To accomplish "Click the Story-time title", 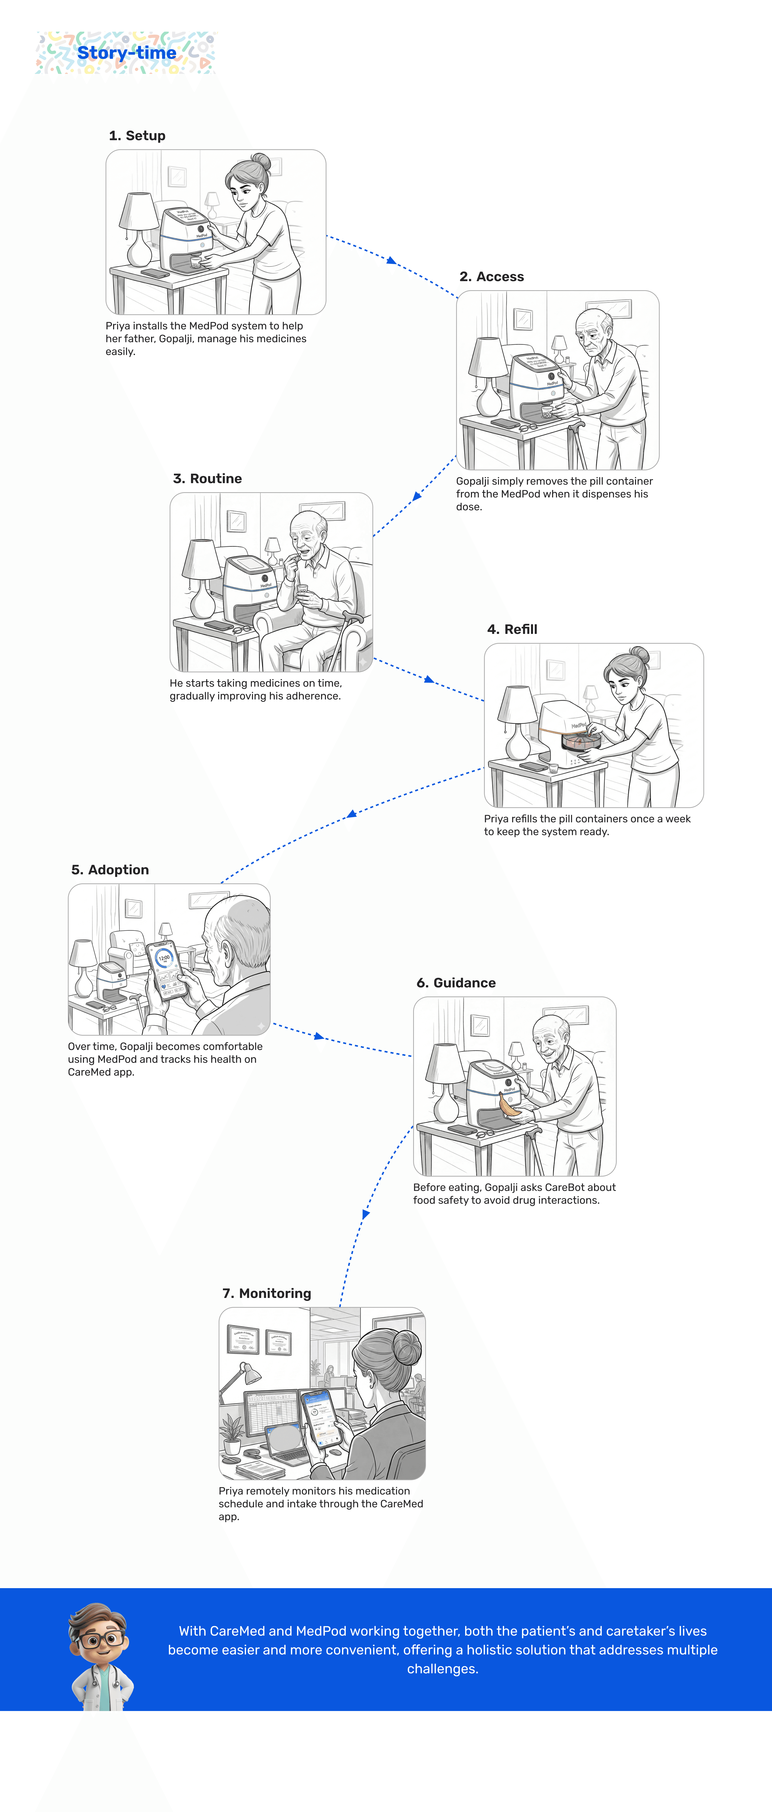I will click(127, 53).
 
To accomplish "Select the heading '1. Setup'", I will click(137, 136).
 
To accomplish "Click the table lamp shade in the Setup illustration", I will click(139, 211).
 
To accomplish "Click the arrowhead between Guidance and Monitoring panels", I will click(365, 1214).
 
